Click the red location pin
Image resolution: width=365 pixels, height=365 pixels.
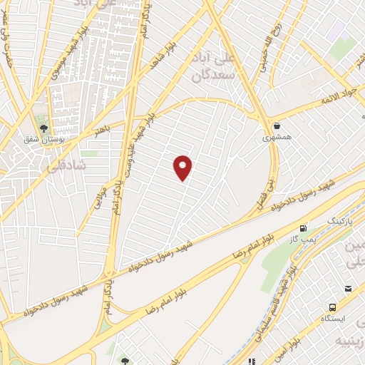[183, 167]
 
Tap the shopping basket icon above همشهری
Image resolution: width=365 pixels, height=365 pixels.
[276, 125]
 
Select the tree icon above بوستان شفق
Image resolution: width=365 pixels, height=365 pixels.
[45, 129]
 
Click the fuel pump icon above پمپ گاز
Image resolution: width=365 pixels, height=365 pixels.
[305, 229]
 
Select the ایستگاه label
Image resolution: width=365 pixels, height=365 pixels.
[334, 319]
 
